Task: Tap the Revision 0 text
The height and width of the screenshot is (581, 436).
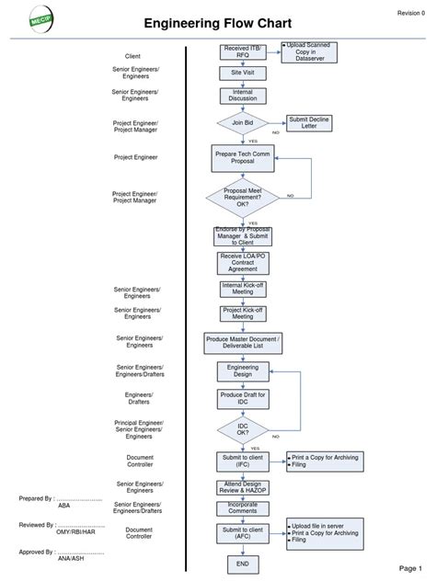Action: click(x=410, y=13)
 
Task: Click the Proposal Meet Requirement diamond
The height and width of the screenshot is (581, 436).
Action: click(x=242, y=196)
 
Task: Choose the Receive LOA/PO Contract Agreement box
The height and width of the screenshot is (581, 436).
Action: click(x=244, y=263)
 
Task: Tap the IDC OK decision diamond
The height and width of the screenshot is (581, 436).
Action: click(x=243, y=429)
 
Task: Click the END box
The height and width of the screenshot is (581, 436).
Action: click(x=243, y=564)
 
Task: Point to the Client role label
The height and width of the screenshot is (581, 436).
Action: click(x=132, y=57)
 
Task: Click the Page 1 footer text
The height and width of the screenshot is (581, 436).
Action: click(x=410, y=567)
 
